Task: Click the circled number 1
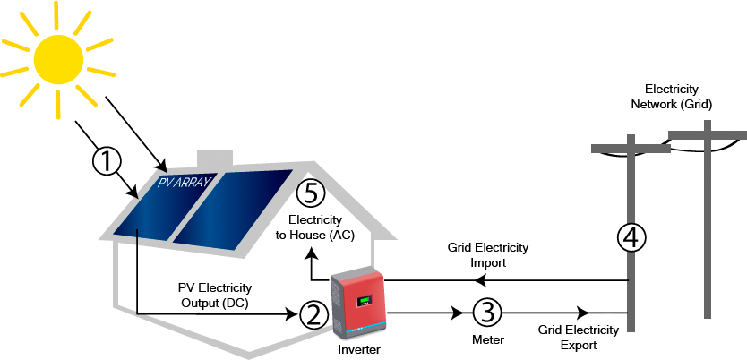tap(107, 162)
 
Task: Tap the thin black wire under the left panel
tap(136, 246)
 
